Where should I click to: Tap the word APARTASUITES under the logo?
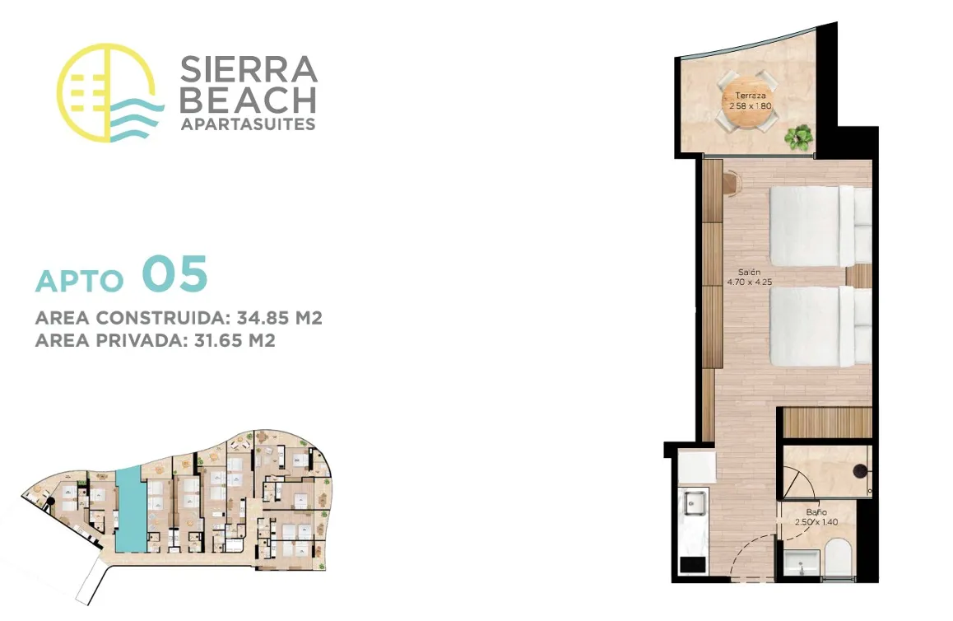pos(248,124)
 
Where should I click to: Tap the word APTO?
pos(80,280)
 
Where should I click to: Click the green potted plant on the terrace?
pos(798,138)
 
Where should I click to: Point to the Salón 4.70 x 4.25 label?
pos(750,277)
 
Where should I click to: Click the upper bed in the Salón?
pos(820,226)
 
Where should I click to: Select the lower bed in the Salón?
pos(820,326)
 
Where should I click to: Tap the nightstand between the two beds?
pos(859,276)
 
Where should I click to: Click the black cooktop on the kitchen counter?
pos(692,564)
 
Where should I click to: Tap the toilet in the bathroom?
pos(839,557)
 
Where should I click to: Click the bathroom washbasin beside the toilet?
pos(802,563)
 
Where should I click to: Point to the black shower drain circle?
pos(859,470)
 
